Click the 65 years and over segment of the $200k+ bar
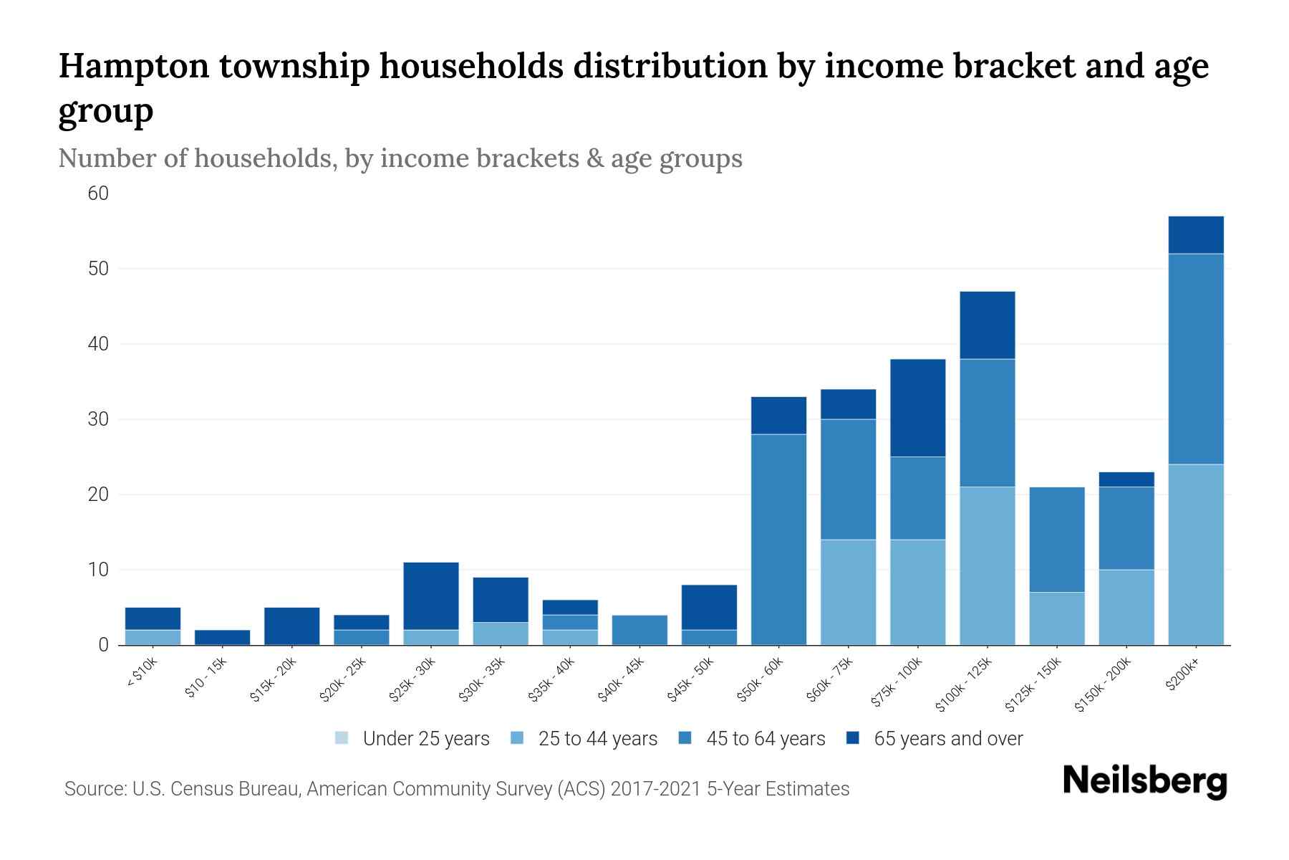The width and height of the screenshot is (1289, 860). tap(1195, 234)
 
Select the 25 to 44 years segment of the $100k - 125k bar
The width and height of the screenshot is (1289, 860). tap(987, 565)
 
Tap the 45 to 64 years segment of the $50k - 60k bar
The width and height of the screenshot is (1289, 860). tap(778, 539)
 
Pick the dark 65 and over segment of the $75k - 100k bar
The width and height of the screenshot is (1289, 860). tap(917, 408)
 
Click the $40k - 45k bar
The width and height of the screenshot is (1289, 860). tap(639, 630)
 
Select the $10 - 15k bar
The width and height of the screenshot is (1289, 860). tap(222, 637)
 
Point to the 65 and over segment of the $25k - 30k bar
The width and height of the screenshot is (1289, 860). tap(430, 596)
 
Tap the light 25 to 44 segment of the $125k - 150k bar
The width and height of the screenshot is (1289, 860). tap(1056, 618)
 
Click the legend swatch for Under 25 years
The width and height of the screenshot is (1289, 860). tap(342, 738)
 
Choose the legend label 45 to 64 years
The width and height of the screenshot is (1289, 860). tap(766, 739)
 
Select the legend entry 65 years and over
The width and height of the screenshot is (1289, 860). tap(947, 739)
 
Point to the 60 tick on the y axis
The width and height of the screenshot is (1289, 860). tap(98, 193)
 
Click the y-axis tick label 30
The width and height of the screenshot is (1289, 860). tap(98, 419)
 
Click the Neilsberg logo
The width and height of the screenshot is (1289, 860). tap(1144, 781)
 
